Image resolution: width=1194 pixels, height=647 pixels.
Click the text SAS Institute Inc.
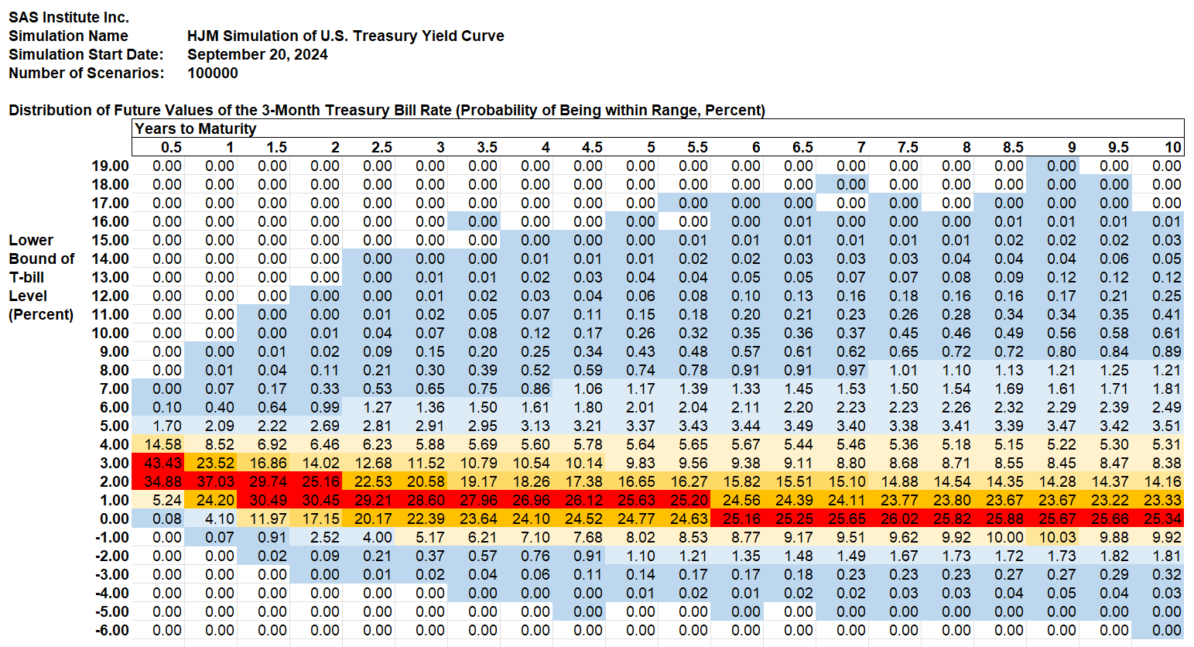[x=69, y=17]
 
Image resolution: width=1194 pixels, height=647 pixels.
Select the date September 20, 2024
[x=257, y=54]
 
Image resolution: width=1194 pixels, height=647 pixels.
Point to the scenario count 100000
[x=213, y=73]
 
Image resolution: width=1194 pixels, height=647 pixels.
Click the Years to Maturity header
[x=195, y=128]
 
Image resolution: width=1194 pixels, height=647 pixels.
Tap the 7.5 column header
[x=907, y=147]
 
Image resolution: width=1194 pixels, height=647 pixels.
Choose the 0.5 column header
[x=171, y=147]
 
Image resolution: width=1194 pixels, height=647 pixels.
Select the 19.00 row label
[x=111, y=166]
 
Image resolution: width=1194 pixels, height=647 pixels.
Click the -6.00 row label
[x=112, y=630]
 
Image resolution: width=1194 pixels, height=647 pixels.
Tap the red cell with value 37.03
[x=215, y=481]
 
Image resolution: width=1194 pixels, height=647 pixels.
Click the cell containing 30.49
[x=268, y=500]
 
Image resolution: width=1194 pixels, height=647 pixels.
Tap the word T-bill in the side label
[x=26, y=277]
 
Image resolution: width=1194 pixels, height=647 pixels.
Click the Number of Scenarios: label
[x=86, y=73]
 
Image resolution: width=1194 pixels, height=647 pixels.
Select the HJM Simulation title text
[x=345, y=36]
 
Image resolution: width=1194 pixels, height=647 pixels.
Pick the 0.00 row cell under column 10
[x=1162, y=519]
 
